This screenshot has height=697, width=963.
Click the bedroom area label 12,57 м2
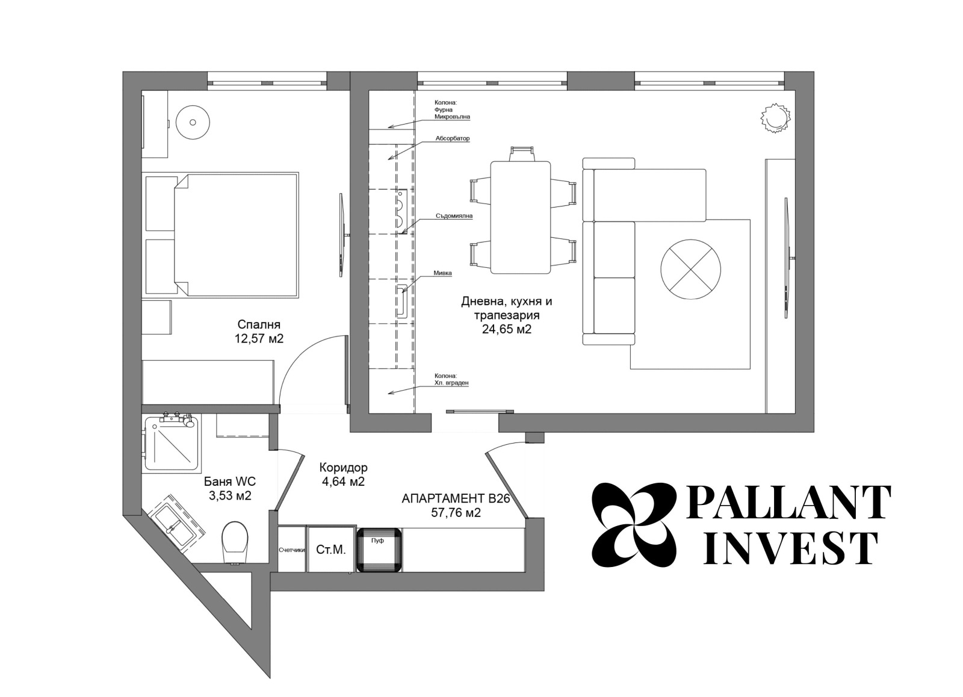coord(259,338)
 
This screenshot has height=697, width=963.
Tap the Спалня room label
coord(259,324)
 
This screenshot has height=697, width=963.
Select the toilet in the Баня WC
coord(235,542)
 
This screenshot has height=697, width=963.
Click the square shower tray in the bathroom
coord(172,444)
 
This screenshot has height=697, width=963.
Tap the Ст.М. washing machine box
coord(331,549)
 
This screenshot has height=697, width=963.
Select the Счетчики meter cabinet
coord(292,549)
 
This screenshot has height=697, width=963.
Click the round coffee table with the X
coord(690,268)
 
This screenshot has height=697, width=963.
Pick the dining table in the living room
coord(521,217)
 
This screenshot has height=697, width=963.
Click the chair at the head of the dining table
coord(521,153)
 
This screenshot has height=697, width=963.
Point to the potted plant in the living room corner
coord(776,117)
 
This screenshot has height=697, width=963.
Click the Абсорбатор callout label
coord(452,138)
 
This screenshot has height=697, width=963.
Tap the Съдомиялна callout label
coord(454,216)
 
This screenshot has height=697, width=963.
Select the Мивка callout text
coord(443,273)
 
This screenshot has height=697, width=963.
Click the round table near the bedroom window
coord(193,123)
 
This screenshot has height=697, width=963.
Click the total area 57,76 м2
coord(456,513)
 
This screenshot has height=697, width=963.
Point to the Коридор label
coord(344,467)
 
